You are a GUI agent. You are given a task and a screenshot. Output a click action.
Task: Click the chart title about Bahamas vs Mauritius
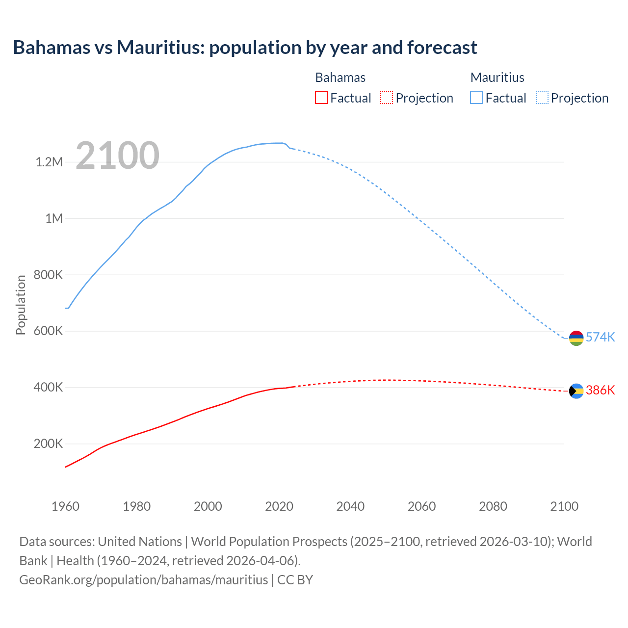pyautogui.click(x=245, y=48)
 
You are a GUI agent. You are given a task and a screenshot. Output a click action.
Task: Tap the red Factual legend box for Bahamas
pyautogui.click(x=321, y=98)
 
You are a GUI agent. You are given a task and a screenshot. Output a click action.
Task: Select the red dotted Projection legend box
pyautogui.click(x=387, y=98)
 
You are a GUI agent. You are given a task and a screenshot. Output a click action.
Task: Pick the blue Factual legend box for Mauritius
pyautogui.click(x=476, y=98)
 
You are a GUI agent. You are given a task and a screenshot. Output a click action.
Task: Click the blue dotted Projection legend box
pyautogui.click(x=542, y=98)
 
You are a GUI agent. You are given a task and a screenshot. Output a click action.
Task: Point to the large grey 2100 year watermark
pyautogui.click(x=118, y=156)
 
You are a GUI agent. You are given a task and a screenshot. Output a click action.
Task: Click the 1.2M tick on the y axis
pyautogui.click(x=49, y=162)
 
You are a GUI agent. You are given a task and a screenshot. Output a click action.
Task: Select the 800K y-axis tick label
pyautogui.click(x=48, y=275)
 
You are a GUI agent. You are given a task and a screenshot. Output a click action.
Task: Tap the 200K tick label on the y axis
pyautogui.click(x=48, y=444)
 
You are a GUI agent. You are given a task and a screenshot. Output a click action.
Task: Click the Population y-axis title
pyautogui.click(x=21, y=305)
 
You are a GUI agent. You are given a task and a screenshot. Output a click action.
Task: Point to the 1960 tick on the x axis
pyautogui.click(x=65, y=506)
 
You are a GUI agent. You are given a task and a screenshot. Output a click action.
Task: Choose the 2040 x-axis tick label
pyautogui.click(x=350, y=506)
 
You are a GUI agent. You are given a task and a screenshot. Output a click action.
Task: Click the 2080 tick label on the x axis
pyautogui.click(x=493, y=506)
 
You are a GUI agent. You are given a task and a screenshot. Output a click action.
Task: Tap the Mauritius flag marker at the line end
pyautogui.click(x=576, y=338)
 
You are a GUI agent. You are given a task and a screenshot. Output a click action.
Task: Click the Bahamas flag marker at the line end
pyautogui.click(x=576, y=391)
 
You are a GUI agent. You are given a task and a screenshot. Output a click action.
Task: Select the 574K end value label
pyautogui.click(x=601, y=337)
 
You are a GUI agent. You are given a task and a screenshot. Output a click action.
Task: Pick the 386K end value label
pyautogui.click(x=601, y=390)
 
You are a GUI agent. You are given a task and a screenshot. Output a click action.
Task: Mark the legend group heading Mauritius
pyautogui.click(x=497, y=78)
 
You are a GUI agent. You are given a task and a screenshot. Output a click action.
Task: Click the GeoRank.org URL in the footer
pyautogui.click(x=144, y=580)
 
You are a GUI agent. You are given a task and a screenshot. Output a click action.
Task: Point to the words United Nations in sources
pyautogui.click(x=140, y=542)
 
